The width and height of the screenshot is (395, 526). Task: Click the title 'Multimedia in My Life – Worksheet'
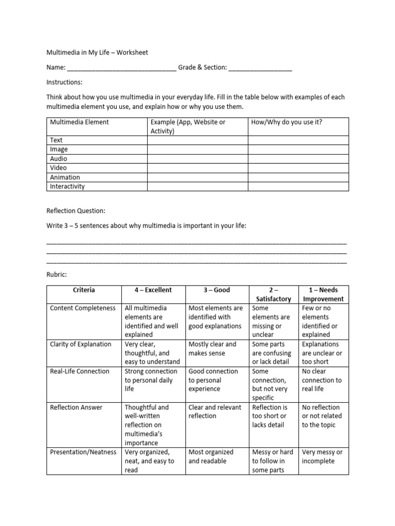[97, 52]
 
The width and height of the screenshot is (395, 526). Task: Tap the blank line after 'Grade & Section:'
[260, 68]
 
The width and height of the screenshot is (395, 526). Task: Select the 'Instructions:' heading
[64, 82]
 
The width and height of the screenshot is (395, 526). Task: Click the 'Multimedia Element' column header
[79, 122]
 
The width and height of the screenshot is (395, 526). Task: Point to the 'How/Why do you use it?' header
[286, 122]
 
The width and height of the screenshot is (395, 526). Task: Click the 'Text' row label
[56, 140]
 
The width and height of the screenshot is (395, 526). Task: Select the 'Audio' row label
[59, 159]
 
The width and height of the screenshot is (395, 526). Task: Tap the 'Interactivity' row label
[67, 186]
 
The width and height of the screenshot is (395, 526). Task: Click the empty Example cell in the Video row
[197, 168]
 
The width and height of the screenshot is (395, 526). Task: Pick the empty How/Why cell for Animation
[298, 177]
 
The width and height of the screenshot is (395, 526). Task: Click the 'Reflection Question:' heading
[76, 211]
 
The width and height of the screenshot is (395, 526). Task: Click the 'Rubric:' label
[57, 274]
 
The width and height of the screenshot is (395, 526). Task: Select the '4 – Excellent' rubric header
[153, 290]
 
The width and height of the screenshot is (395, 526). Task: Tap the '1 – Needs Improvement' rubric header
[324, 294]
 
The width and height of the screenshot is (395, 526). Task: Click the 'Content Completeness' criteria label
[83, 308]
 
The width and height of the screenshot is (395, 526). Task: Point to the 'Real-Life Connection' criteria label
[80, 371]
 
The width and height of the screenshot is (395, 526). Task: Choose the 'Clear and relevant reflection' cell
[214, 411]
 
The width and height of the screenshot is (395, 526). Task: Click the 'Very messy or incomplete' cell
[322, 457]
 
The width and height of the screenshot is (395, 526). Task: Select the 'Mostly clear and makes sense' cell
[212, 349]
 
